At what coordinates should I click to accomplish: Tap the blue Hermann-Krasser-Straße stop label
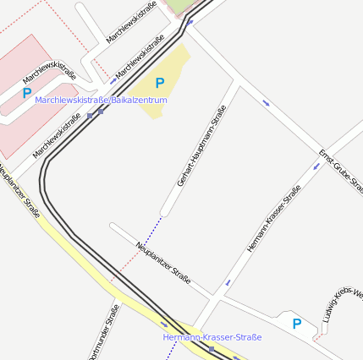212,337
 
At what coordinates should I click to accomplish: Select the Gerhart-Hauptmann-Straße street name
201,145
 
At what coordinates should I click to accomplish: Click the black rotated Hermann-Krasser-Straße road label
273,220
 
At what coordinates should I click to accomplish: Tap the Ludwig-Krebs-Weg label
343,307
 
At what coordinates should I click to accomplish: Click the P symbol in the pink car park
27,94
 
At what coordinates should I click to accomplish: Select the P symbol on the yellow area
159,83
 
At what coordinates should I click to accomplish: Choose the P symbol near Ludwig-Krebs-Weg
296,324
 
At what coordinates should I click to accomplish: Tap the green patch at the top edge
179,6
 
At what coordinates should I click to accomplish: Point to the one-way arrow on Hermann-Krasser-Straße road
227,282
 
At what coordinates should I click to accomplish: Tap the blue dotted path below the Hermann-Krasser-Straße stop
170,352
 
